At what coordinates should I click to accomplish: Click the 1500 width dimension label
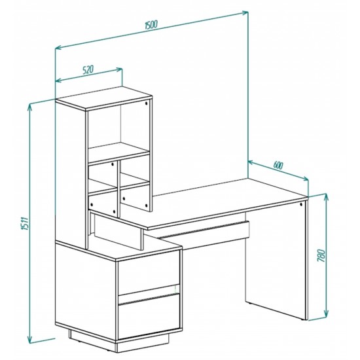pos(151,24)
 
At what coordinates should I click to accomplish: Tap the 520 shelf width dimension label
pos(88,69)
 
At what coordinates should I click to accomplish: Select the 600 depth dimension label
pos(278,165)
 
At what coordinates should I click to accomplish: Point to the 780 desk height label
pos(321,255)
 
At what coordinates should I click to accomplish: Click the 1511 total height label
pos(25,223)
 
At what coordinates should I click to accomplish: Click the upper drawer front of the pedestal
pos(149,272)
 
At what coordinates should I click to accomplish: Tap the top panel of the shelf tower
pos(104,99)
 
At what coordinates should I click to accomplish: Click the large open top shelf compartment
pos(119,128)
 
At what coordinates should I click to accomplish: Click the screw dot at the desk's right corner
pos(301,204)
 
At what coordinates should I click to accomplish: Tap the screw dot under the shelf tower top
pos(146,103)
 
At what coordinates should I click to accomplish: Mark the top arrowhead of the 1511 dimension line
pos(29,107)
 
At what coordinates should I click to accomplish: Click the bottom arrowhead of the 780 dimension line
pos(325,318)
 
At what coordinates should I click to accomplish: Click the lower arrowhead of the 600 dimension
pos(306,179)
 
